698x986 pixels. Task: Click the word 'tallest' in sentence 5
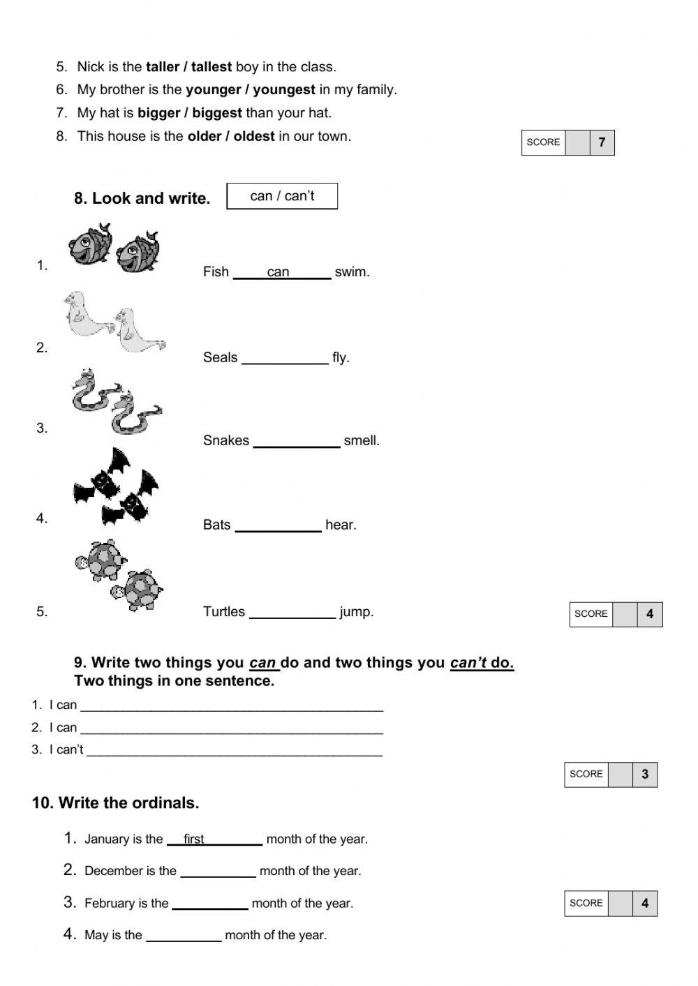[211, 67]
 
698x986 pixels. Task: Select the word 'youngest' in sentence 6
[284, 89]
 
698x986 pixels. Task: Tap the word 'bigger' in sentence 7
[158, 113]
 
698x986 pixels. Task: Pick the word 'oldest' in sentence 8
[254, 136]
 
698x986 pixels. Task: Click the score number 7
[602, 142]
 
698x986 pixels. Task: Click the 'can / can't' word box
[282, 196]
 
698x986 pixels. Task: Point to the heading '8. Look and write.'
[142, 198]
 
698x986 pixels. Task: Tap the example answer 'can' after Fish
[278, 272]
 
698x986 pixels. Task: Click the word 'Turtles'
[224, 612]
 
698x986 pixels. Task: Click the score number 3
[645, 774]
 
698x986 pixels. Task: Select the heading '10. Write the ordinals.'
[115, 803]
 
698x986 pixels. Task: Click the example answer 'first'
[193, 839]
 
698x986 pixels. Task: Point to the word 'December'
[112, 871]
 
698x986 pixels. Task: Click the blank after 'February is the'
[209, 905]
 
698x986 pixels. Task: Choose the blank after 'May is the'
[184, 937]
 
